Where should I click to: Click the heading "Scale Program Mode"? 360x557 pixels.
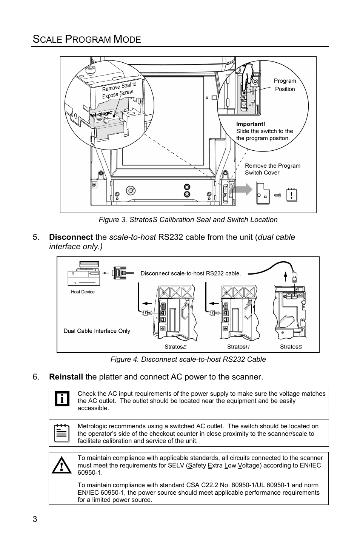[87, 39]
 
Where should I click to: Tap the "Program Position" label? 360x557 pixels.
[285, 85]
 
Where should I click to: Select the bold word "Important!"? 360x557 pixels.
[251, 124]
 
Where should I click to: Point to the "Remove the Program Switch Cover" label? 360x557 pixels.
[272, 169]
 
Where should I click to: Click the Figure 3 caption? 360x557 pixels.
[188, 220]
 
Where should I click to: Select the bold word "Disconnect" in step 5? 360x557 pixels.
[71, 237]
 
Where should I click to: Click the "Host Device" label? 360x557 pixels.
[83, 292]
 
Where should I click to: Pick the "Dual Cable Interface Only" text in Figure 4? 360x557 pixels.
[97, 331]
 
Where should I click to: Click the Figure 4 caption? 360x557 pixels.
[188, 360]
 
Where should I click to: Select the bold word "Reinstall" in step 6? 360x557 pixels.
[66, 377]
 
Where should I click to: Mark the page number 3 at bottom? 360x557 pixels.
[35, 519]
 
